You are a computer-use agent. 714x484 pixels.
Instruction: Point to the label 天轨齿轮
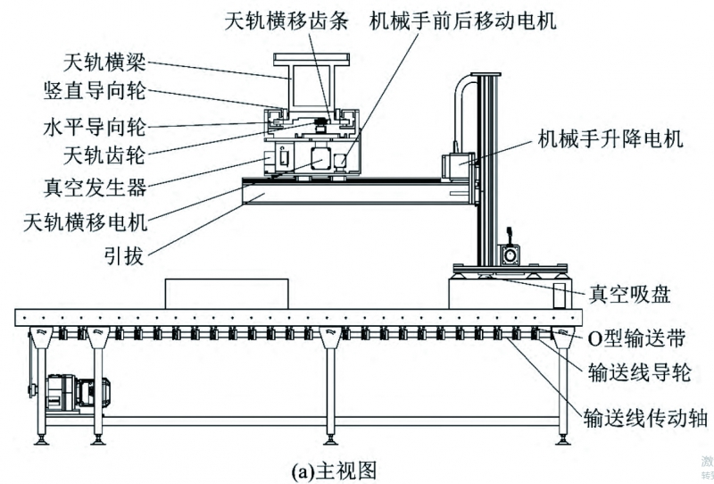[105, 155]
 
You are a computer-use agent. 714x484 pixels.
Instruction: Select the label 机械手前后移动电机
[463, 20]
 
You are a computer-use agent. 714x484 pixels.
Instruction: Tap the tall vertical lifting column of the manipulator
[486, 170]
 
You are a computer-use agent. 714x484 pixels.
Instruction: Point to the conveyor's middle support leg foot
[331, 438]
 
